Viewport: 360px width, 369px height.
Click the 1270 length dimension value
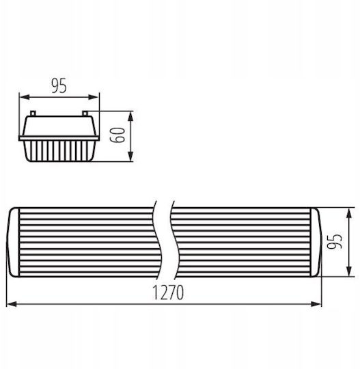tap(168, 292)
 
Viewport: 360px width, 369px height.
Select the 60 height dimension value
tap(117, 135)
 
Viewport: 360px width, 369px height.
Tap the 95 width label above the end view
tap(59, 85)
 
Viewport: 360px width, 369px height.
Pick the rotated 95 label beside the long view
tap(334, 242)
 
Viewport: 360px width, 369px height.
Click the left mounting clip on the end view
tap(33, 113)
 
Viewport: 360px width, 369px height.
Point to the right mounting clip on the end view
tap(85, 113)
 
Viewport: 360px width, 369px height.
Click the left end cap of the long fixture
tap(14, 243)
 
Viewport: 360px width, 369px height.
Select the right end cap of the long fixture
tap(316, 243)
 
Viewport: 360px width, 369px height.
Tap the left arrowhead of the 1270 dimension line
tap(12, 304)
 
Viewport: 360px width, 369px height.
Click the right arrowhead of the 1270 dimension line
tap(316, 304)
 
